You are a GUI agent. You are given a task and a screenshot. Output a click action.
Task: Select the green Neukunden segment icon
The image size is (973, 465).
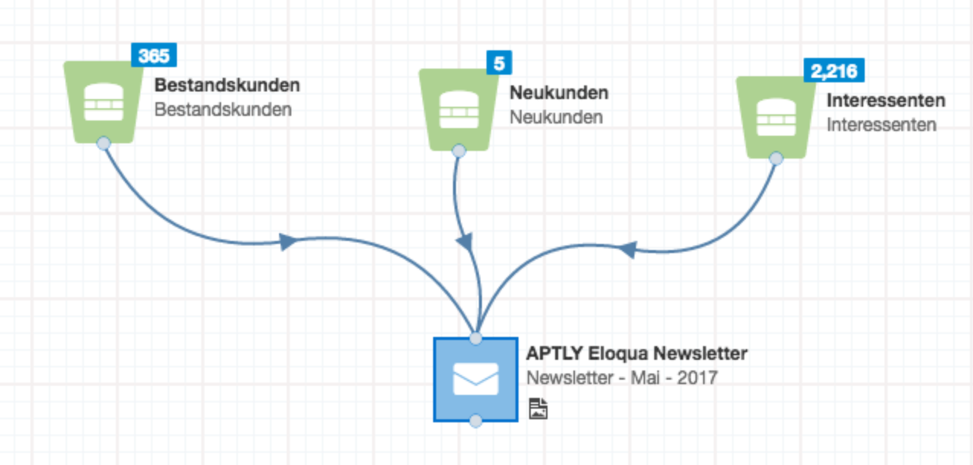[458, 109]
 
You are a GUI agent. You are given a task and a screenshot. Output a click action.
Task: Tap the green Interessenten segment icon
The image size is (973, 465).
[775, 117]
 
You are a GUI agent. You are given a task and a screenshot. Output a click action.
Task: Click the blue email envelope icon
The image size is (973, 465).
[475, 379]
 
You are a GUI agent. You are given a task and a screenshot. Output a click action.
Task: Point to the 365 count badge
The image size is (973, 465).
[154, 56]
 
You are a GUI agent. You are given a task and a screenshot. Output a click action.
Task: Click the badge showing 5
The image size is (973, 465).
[499, 63]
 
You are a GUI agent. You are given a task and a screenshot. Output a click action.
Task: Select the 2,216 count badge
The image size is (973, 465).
[834, 71]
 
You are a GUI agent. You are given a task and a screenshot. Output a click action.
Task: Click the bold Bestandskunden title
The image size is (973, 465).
[227, 84]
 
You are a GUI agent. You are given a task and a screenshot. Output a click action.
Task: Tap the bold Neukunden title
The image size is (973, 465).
[559, 93]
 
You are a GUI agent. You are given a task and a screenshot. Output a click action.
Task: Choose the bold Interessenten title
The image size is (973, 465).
[886, 100]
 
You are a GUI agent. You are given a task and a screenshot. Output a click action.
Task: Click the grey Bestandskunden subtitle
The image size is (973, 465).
[223, 109]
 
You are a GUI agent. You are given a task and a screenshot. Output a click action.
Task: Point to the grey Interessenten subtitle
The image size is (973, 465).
[881, 124]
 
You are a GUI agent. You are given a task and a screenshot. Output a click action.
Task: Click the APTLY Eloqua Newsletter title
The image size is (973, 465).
[637, 354]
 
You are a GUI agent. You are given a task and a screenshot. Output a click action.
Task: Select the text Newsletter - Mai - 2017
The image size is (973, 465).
[621, 377]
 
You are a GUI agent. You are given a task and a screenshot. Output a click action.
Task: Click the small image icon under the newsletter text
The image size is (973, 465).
[538, 409]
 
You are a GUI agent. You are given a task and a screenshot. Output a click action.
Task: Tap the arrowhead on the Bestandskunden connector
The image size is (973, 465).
[288, 242]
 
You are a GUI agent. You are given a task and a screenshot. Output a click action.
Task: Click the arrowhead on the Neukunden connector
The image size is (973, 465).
[464, 242]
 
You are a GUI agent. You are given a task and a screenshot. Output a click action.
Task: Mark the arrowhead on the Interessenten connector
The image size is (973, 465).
[627, 249]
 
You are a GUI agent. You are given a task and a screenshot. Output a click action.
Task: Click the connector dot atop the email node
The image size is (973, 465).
[476, 338]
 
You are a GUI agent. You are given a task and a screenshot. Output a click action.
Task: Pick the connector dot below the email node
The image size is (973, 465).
[476, 421]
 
